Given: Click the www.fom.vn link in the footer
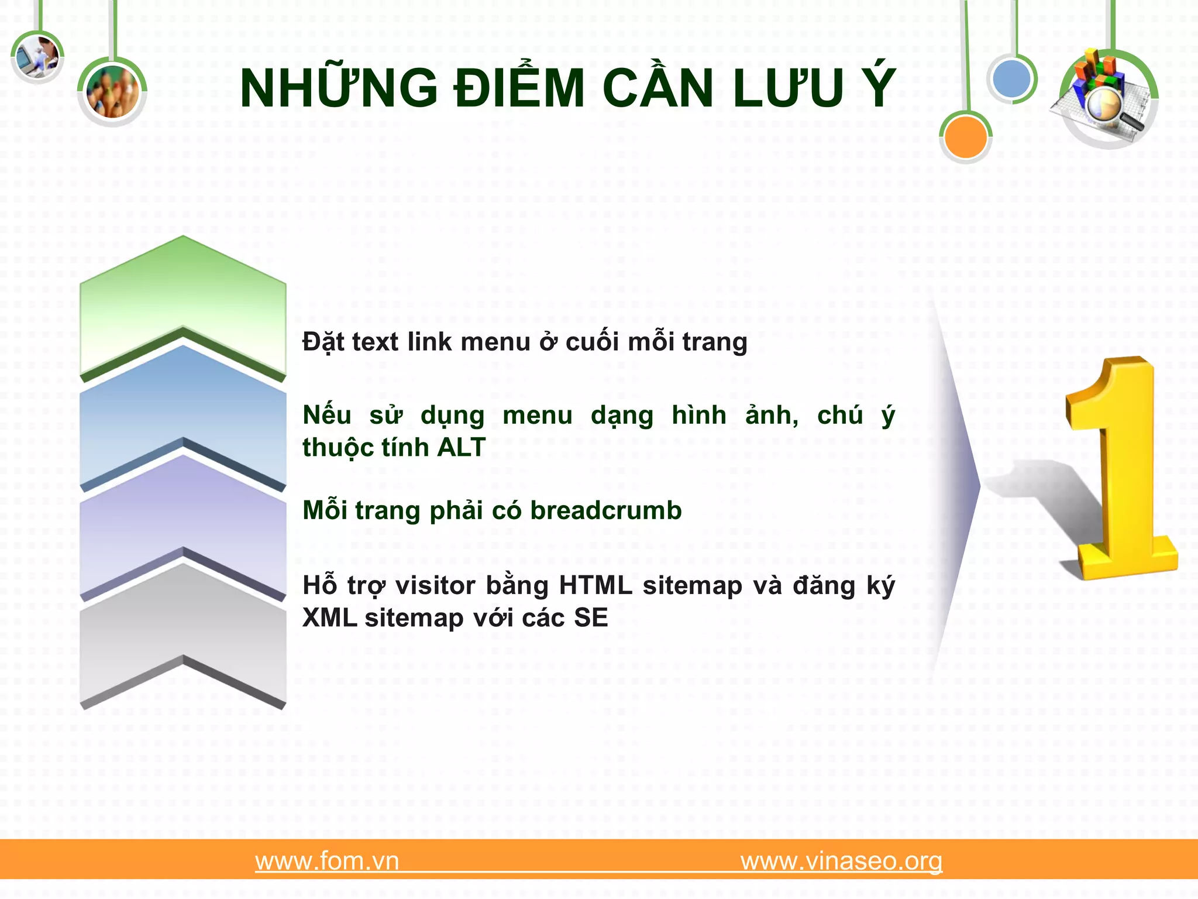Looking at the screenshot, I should [x=327, y=861].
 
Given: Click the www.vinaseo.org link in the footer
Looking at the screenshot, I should [x=841, y=861].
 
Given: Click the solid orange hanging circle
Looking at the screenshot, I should [x=966, y=137].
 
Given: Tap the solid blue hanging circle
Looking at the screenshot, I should [x=1012, y=78].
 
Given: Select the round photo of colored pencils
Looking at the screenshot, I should [x=112, y=92].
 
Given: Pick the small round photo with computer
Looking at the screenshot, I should [x=37, y=57].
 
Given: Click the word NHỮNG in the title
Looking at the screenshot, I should [x=339, y=88].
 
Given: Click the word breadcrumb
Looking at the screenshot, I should [x=606, y=510].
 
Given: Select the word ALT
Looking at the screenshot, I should [x=462, y=448].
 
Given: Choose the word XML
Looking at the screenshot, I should [x=330, y=618].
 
